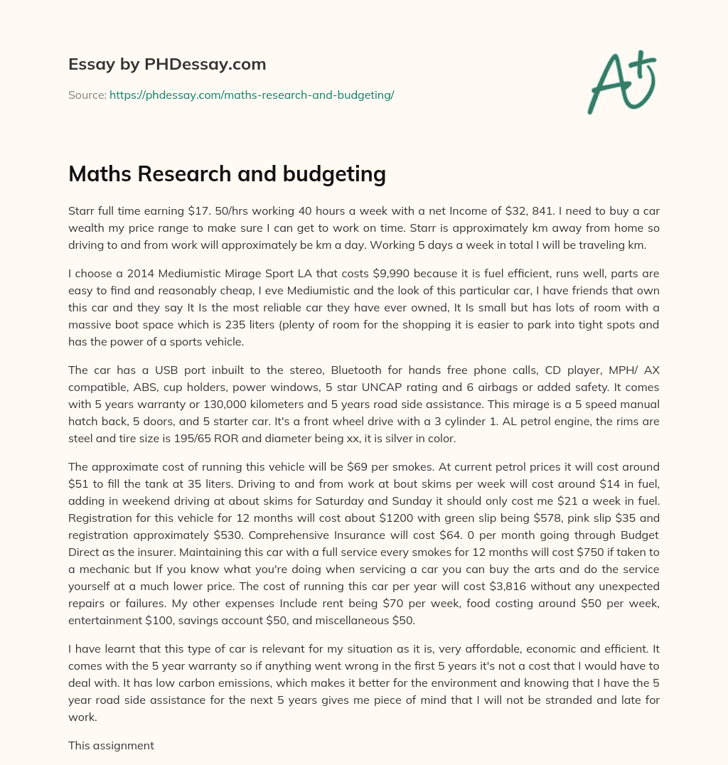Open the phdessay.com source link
[252, 95]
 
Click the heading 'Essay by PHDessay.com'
[167, 64]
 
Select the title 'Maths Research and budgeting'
[227, 173]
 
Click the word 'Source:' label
[87, 95]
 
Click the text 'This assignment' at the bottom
[111, 746]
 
